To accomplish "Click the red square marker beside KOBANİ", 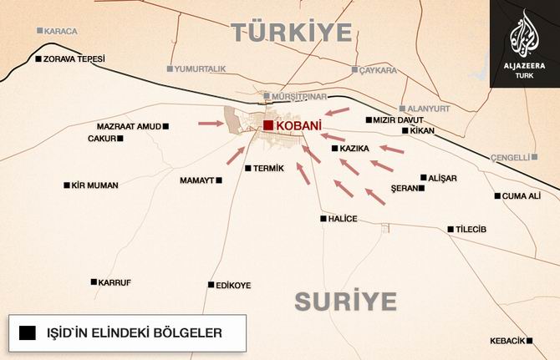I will (267, 125).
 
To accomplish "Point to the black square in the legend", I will (28, 333).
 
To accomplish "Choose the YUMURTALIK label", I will (201, 68).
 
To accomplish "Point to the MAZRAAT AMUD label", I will (128, 126).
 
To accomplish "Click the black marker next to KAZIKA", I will (334, 149).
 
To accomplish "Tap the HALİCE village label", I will (344, 219).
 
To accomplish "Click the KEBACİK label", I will (508, 341).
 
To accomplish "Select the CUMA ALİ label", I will (522, 196).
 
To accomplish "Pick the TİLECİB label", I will (471, 230).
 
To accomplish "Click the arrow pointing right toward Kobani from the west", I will (212, 124).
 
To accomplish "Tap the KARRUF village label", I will (115, 282).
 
